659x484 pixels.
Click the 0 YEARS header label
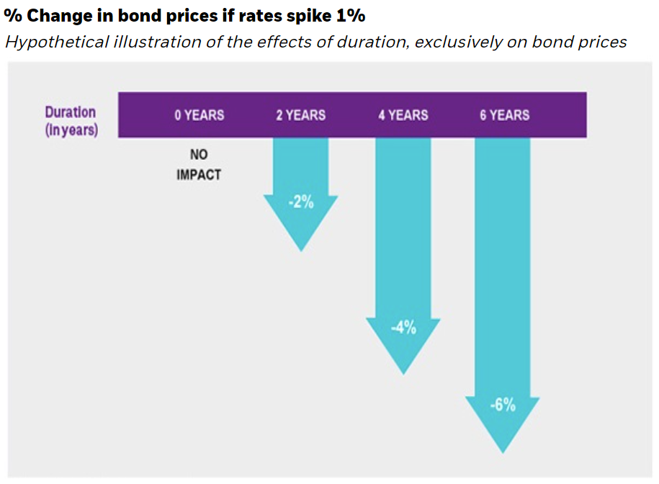pos(199,115)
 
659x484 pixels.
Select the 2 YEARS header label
pos(300,115)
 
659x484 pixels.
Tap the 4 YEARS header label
pos(403,115)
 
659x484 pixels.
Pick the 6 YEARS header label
pos(504,115)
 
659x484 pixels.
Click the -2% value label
pos(300,202)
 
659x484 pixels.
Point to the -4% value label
pos(403,328)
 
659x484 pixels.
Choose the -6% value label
pos(502,405)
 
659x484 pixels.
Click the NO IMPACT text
pos(199,165)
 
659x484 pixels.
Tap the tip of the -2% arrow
pos(300,249)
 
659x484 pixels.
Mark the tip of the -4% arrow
pos(403,372)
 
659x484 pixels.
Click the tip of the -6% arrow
pos(503,452)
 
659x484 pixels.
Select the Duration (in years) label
pos(71,122)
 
